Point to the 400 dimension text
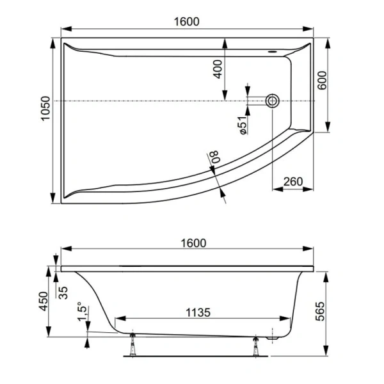218,68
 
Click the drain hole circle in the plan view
273,100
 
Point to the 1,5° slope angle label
79,312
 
